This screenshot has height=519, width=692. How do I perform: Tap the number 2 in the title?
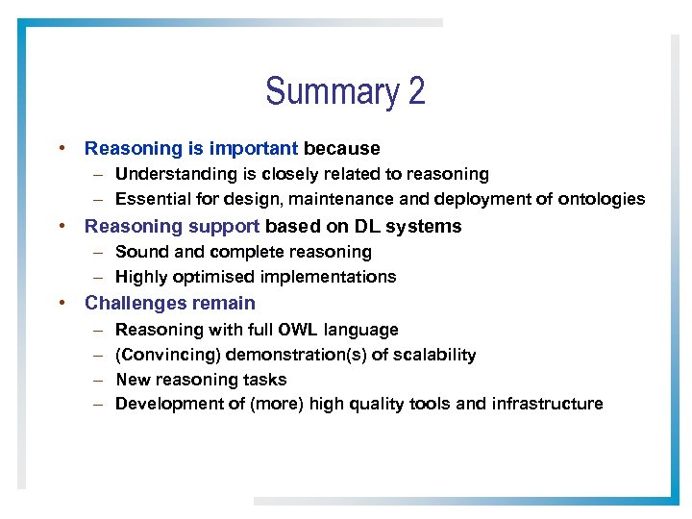click(x=416, y=92)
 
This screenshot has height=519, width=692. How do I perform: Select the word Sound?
click(x=138, y=252)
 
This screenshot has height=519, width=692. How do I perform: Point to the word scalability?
click(x=432, y=355)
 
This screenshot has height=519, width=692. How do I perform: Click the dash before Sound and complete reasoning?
click(x=99, y=252)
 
